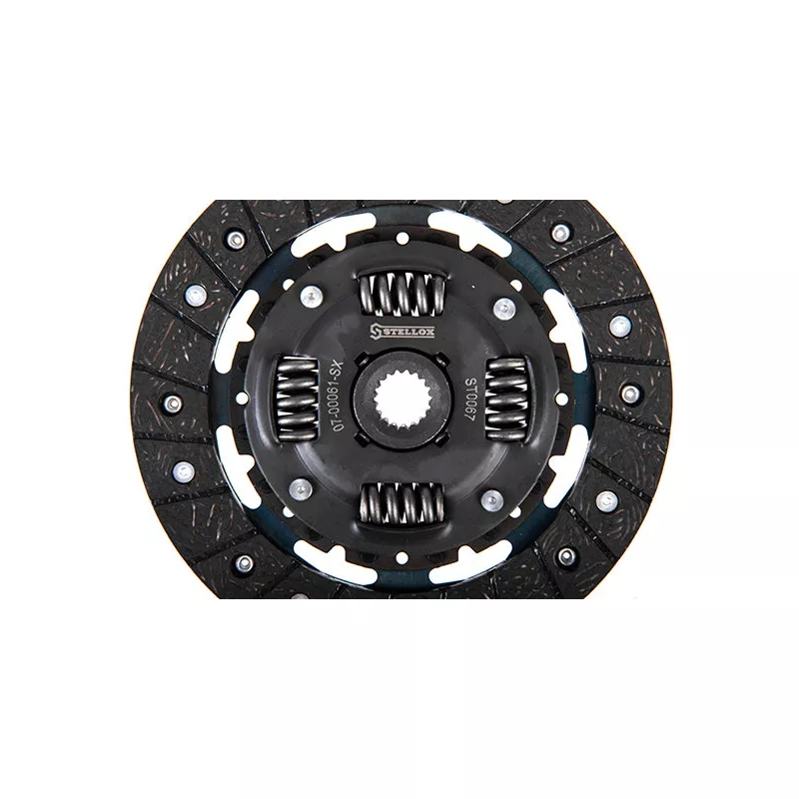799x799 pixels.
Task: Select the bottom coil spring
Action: [402, 503]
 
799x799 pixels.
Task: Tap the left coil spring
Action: [297, 399]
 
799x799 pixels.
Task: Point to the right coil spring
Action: [506, 399]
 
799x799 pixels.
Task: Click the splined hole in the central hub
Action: [401, 399]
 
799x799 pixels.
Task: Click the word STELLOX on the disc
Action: [405, 333]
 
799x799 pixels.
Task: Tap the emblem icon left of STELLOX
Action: [374, 332]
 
